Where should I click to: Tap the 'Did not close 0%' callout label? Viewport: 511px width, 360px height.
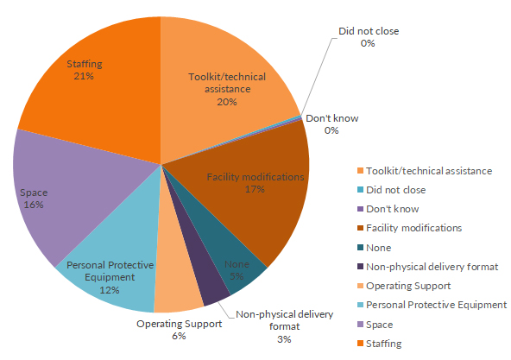coord(369,37)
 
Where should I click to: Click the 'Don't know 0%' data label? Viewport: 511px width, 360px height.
coord(331,124)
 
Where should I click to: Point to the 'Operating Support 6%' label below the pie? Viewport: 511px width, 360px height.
coord(179,330)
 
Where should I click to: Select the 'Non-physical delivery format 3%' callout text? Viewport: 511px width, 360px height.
coord(285,326)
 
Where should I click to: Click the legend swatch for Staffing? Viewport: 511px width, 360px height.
coord(360,344)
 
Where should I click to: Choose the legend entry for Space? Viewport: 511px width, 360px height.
coord(375,325)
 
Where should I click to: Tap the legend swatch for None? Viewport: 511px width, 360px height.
coord(360,248)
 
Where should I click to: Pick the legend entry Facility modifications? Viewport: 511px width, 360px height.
coord(410,228)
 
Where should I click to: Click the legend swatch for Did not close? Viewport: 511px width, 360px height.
coord(360,190)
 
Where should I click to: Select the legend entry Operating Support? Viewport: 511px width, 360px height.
coord(404,286)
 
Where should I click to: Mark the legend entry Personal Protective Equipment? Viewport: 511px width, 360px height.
coord(432,305)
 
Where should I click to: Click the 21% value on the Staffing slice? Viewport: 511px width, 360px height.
coord(84,76)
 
